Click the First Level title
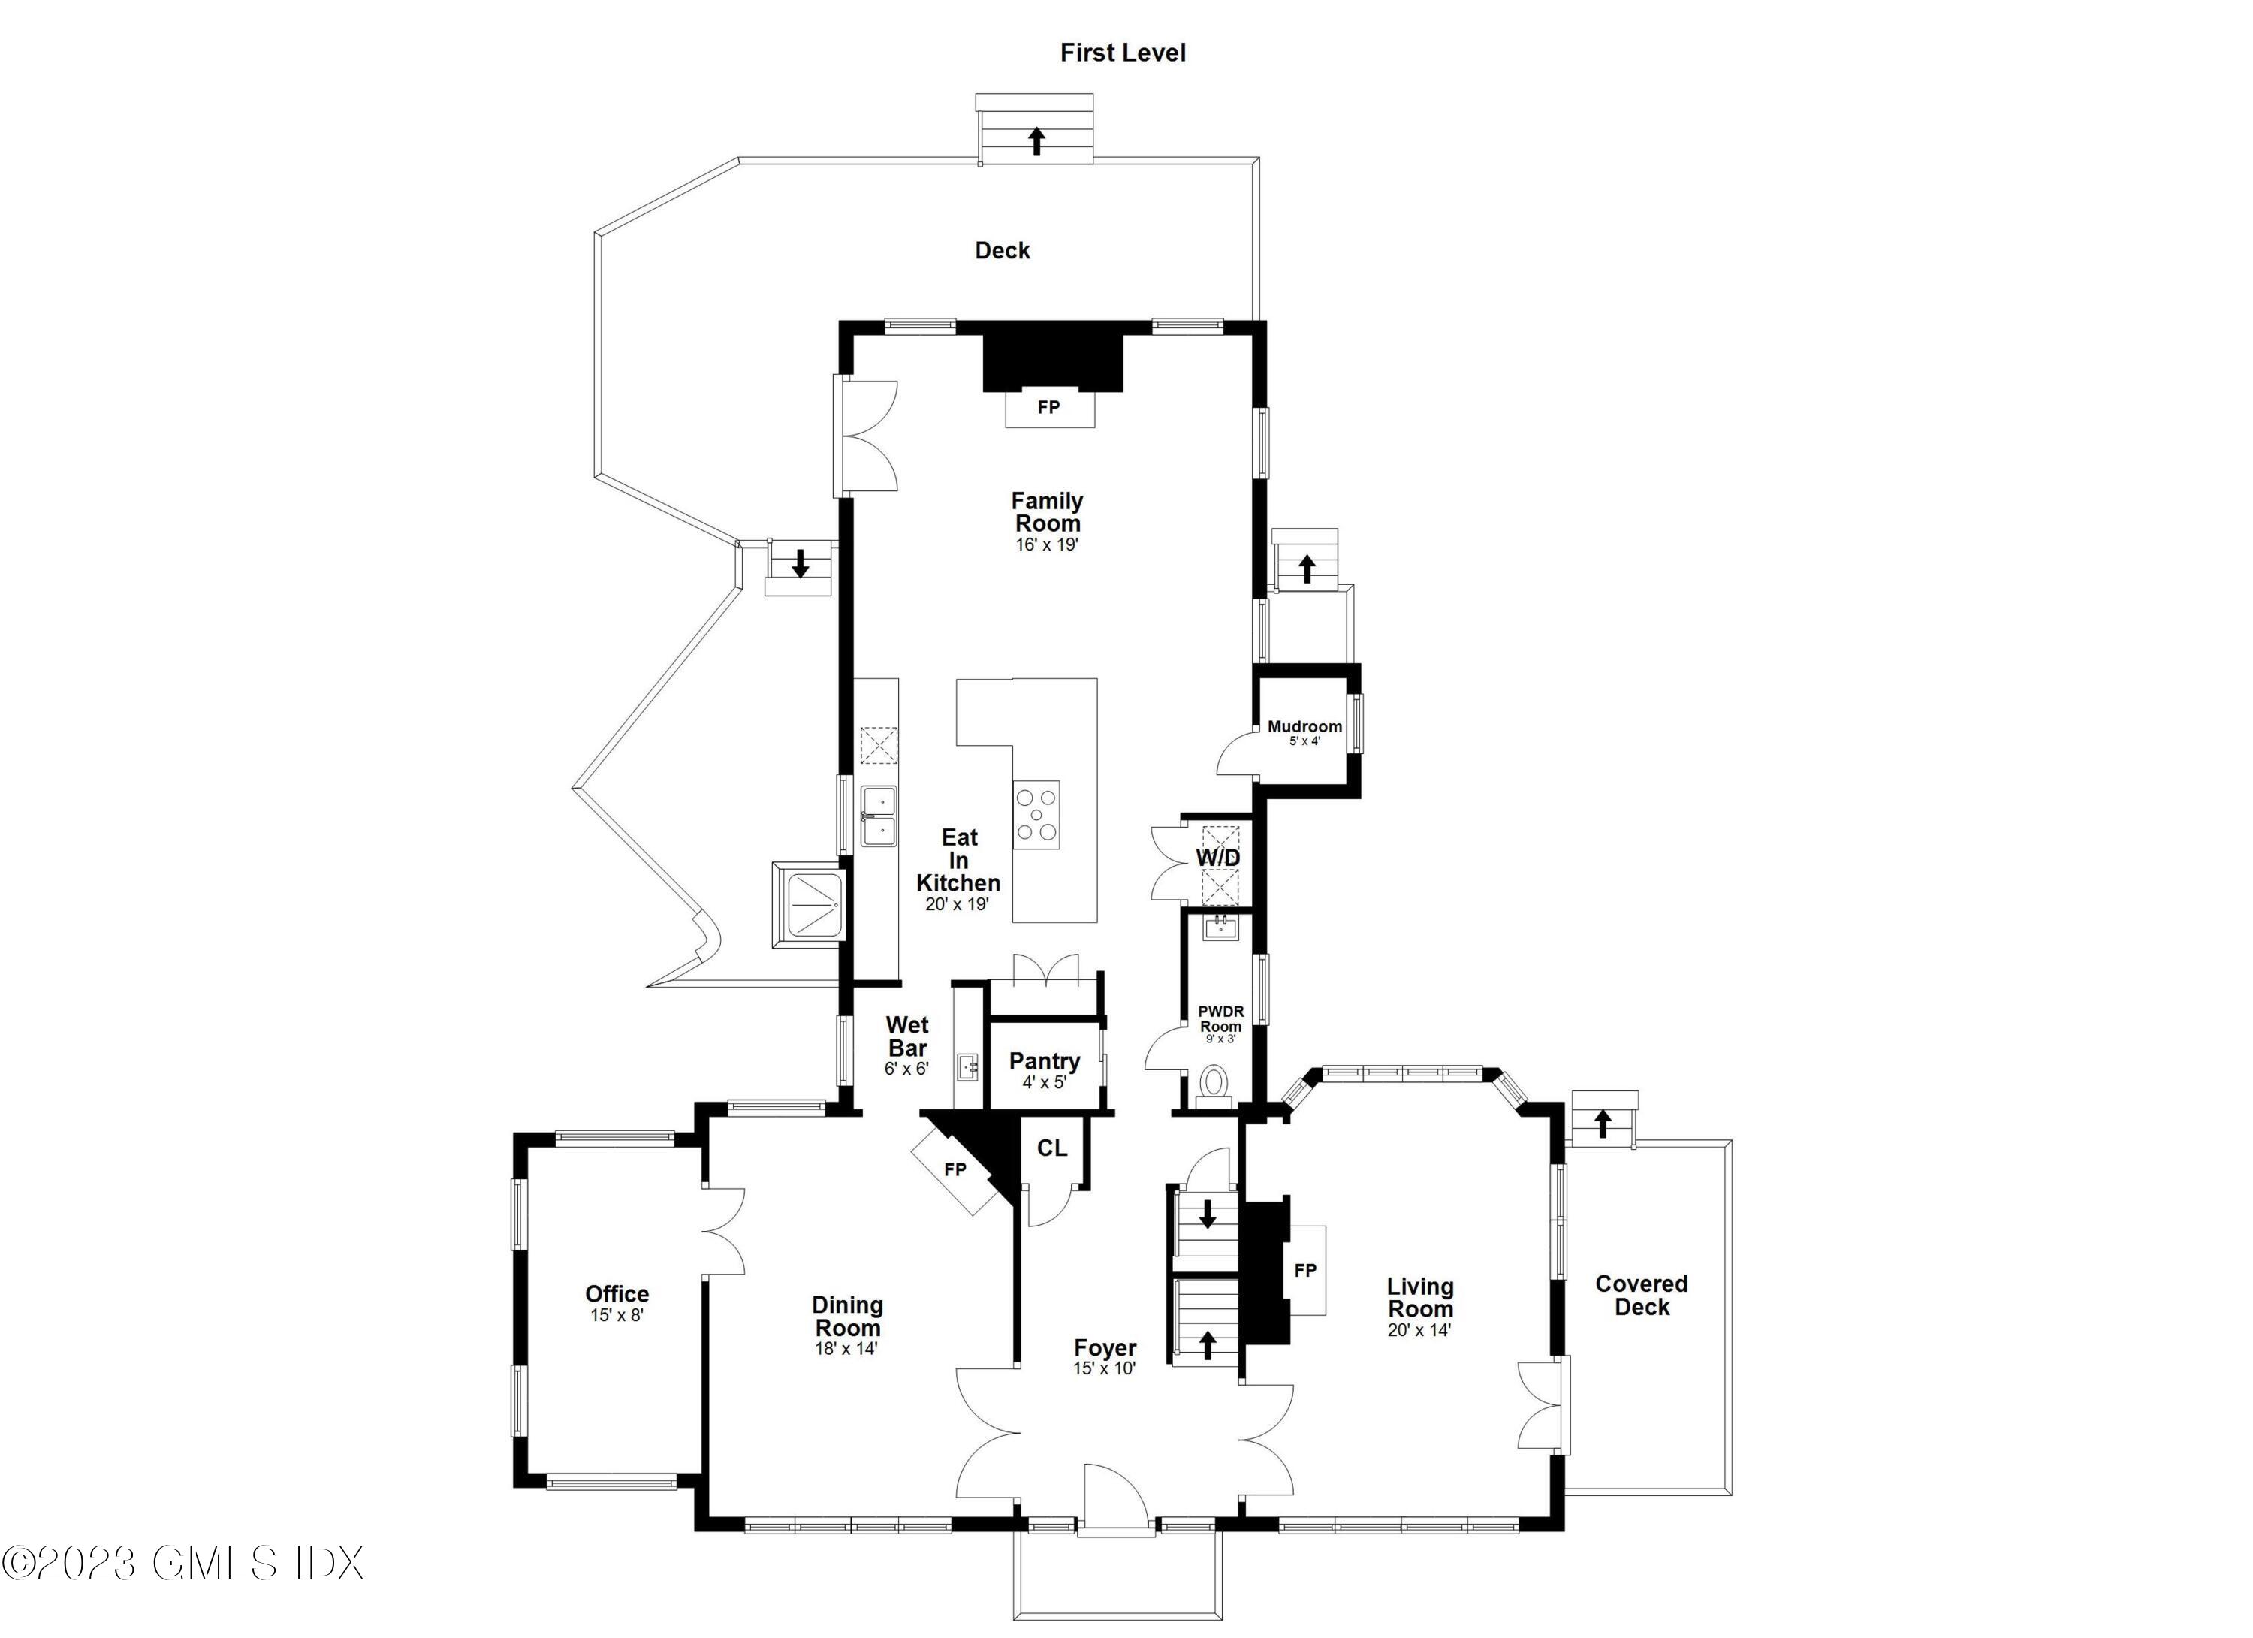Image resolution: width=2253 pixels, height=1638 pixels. pos(1123,53)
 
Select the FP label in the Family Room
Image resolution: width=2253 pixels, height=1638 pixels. pos(1048,407)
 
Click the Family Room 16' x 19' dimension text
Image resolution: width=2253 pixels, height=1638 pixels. pos(1046,545)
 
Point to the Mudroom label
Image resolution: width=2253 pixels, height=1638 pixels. pos(1304,726)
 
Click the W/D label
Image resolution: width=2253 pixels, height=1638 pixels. pos(1217,857)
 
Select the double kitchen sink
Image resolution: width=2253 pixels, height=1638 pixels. pos(878,816)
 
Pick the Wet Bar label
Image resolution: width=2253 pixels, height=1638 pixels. pos(907,1036)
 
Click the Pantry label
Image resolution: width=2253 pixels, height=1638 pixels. pos(1044,1061)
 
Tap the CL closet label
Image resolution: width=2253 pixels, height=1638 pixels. pos(1052,1148)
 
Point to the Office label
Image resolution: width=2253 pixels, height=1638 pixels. pos(617,1293)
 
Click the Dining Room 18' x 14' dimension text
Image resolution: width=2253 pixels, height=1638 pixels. pos(846,1349)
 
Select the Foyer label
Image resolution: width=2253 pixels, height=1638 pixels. pos(1105,1348)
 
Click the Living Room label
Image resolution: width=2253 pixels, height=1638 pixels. pos(1419,1297)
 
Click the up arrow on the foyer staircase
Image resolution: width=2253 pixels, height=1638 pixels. pos(1208,1345)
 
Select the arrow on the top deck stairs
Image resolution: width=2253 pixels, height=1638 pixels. pos(1036,141)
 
